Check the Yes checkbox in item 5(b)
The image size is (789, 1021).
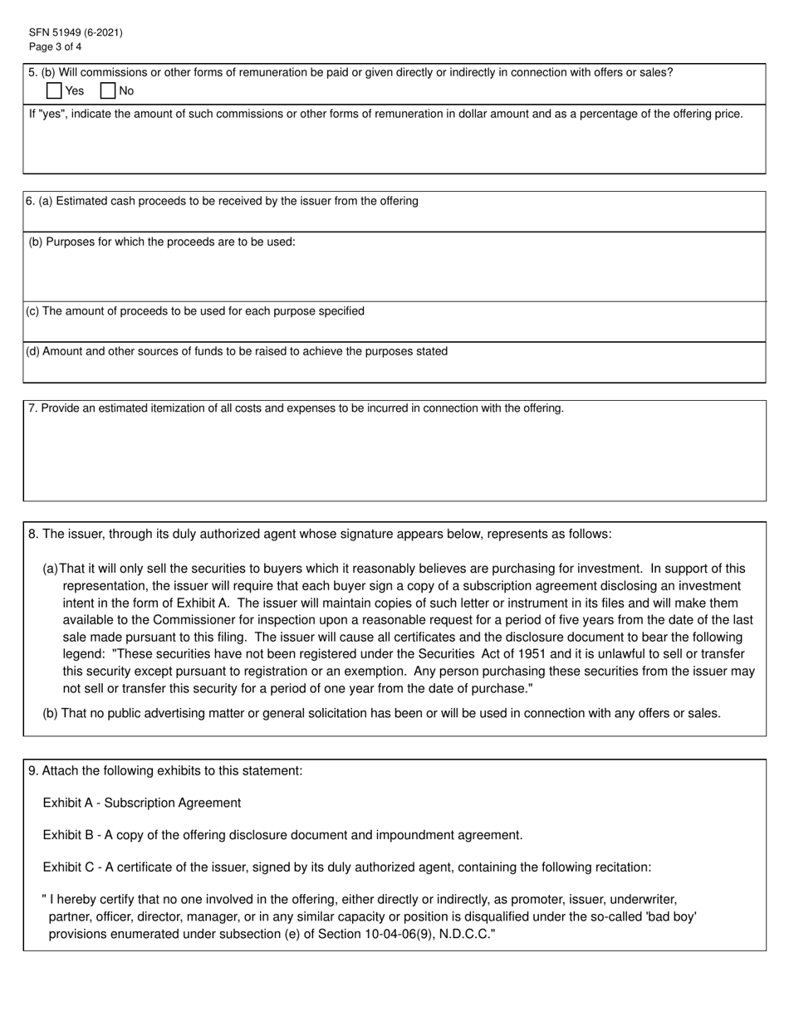[x=54, y=90]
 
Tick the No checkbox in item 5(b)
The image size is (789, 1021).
[x=107, y=90]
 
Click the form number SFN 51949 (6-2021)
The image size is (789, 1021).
[x=76, y=32]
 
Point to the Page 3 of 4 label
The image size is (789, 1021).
[x=55, y=46]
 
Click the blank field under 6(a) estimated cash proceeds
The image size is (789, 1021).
[x=394, y=220]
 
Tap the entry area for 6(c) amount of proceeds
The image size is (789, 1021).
[x=394, y=330]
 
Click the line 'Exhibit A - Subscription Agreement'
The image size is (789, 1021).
[x=142, y=803]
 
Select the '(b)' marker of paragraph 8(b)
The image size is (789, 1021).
[x=50, y=713]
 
